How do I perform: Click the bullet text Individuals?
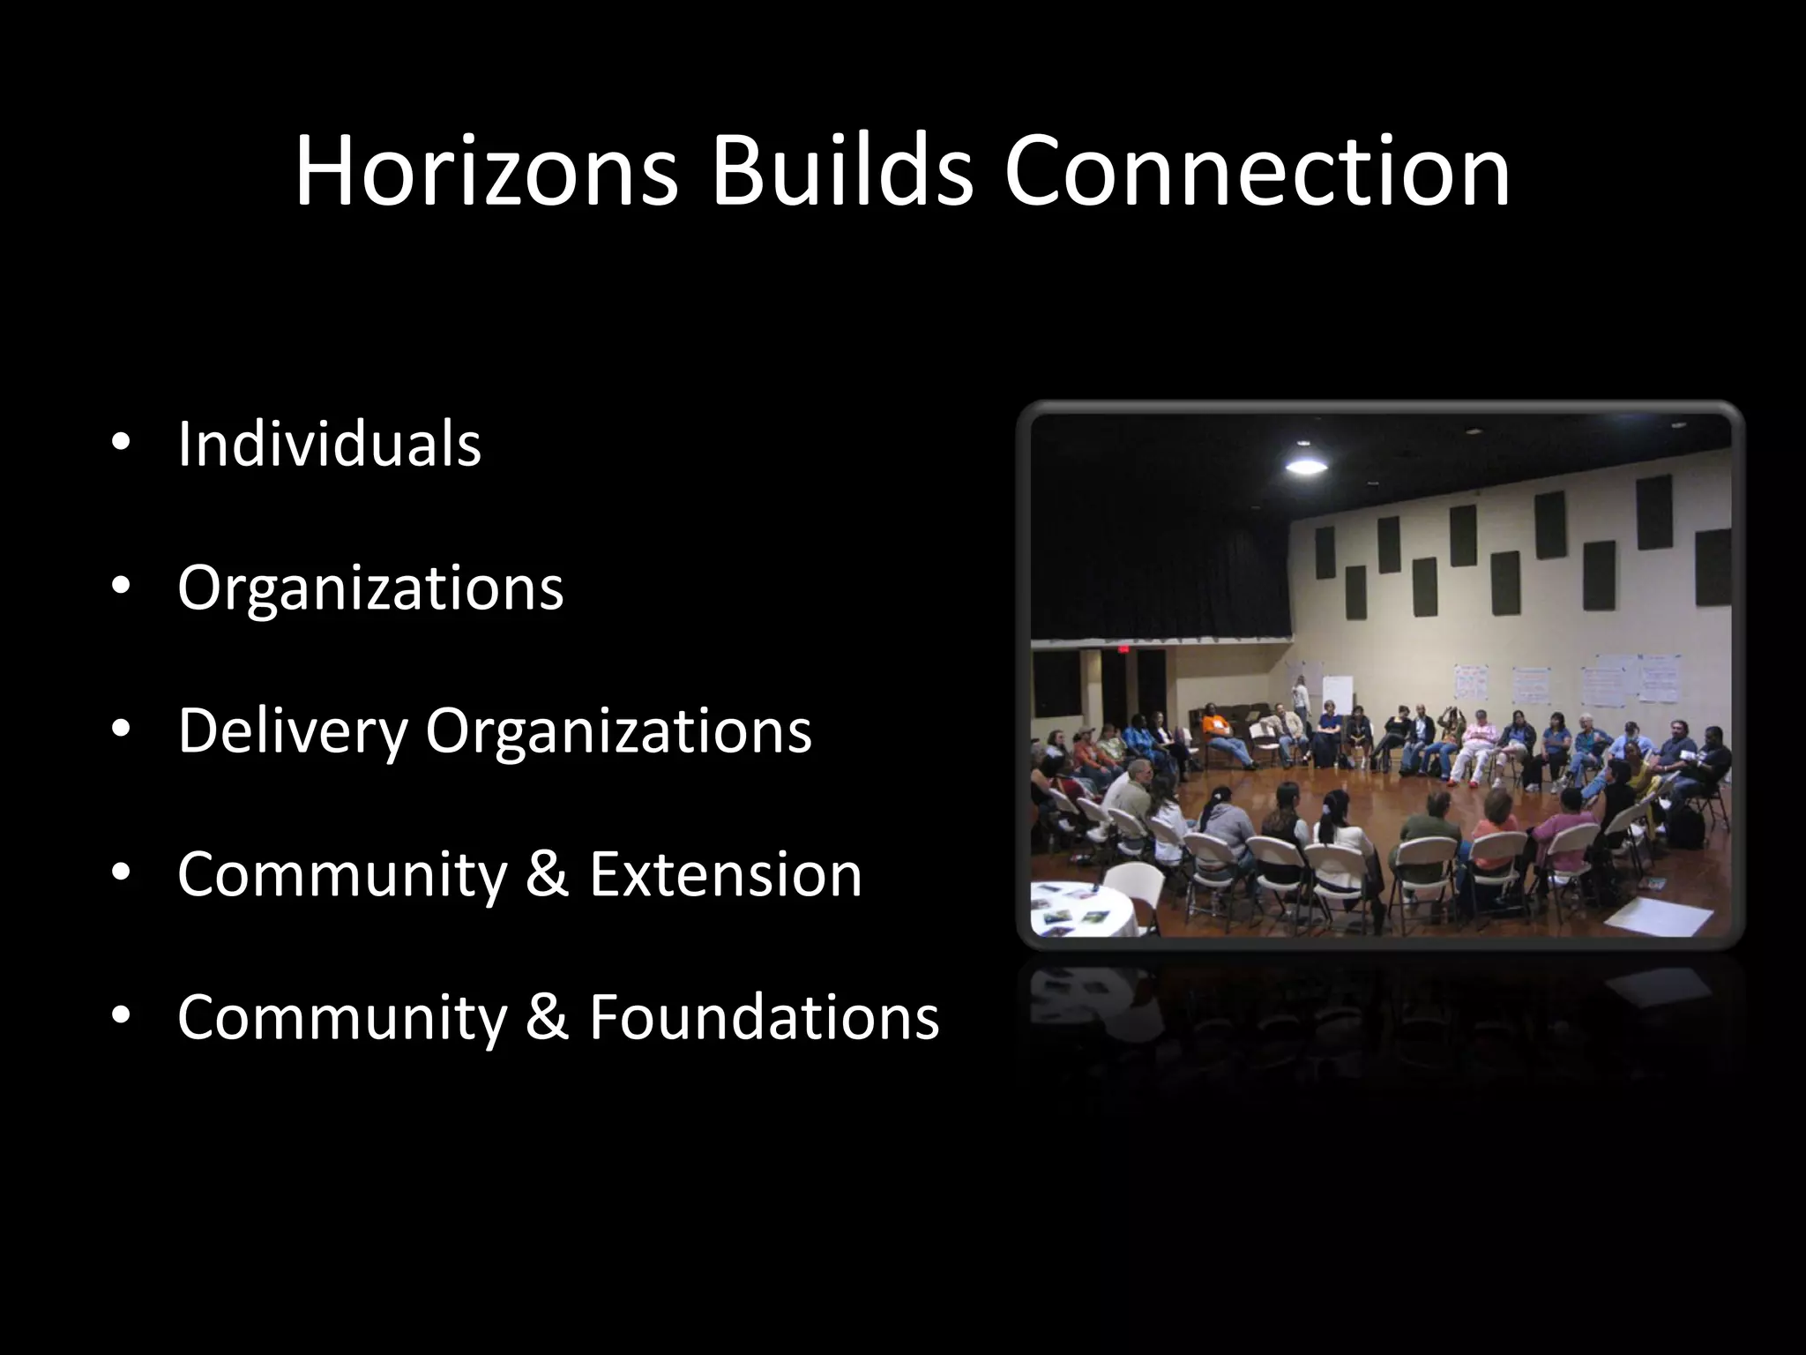tap(329, 444)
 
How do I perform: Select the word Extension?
tap(725, 874)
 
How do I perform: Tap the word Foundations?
tap(764, 1017)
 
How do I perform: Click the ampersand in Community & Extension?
tap(547, 874)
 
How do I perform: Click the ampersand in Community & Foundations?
tap(547, 1017)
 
